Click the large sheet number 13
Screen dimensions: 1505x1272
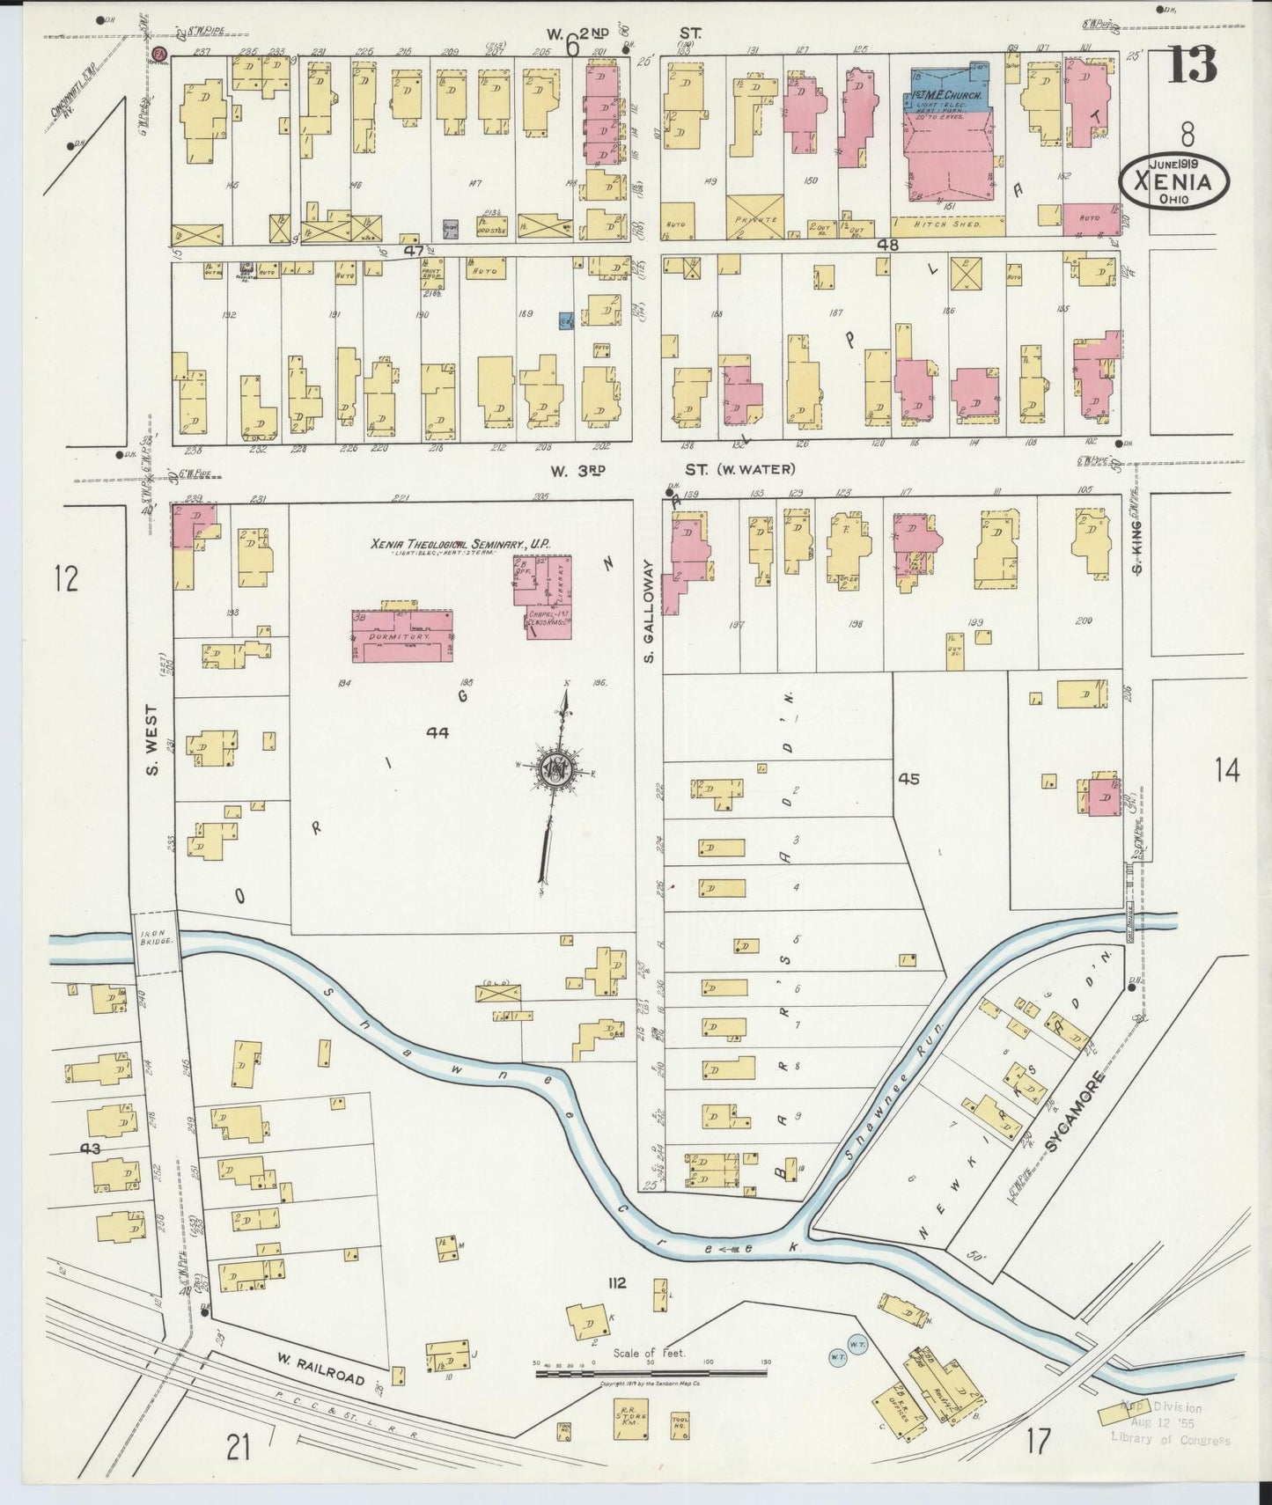click(1192, 63)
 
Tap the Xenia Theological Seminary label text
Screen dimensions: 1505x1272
click(460, 546)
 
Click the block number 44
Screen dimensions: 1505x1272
click(437, 732)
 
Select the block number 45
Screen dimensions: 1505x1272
click(908, 778)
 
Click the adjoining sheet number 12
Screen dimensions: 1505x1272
click(65, 579)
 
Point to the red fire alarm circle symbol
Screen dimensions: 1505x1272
click(159, 55)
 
